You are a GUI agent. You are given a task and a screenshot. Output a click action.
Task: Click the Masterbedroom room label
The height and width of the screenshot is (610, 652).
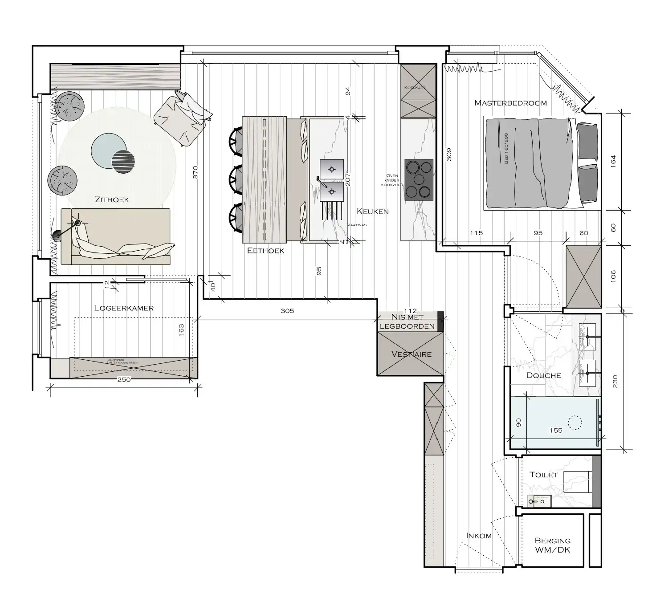tap(510, 103)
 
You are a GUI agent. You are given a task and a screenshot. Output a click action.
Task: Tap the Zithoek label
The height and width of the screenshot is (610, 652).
tap(112, 199)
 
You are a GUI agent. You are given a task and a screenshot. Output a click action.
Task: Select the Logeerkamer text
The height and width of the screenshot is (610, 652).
tap(124, 308)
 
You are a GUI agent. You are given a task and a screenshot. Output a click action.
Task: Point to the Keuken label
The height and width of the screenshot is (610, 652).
tap(373, 211)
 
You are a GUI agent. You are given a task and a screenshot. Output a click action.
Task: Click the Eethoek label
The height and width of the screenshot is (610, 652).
tap(265, 251)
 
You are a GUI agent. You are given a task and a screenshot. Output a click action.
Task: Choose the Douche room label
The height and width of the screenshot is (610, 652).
tap(543, 375)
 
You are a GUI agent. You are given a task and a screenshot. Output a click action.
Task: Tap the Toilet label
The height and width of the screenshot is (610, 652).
tap(543, 475)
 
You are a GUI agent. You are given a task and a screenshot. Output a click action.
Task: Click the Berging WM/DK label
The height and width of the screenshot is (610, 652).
tap(552, 545)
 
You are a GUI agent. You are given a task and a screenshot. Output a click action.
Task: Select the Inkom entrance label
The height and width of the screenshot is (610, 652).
tap(479, 536)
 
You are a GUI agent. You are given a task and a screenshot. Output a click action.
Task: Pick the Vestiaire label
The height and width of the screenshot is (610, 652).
tap(411, 354)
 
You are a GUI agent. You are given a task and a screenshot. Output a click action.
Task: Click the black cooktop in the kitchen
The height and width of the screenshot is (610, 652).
tap(419, 179)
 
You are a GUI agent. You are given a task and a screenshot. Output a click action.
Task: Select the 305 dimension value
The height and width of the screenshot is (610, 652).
tap(287, 311)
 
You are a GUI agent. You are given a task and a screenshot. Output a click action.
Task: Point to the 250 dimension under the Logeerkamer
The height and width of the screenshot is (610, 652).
tap(124, 380)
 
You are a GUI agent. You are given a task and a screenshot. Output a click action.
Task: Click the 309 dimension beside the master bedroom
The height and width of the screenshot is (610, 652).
tap(449, 155)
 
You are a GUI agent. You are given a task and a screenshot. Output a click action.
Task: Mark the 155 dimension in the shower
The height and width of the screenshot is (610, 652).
tap(556, 430)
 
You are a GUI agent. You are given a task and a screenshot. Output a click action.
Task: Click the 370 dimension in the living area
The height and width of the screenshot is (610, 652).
tap(195, 172)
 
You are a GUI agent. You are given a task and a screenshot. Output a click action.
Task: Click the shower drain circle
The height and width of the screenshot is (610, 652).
tap(575, 422)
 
